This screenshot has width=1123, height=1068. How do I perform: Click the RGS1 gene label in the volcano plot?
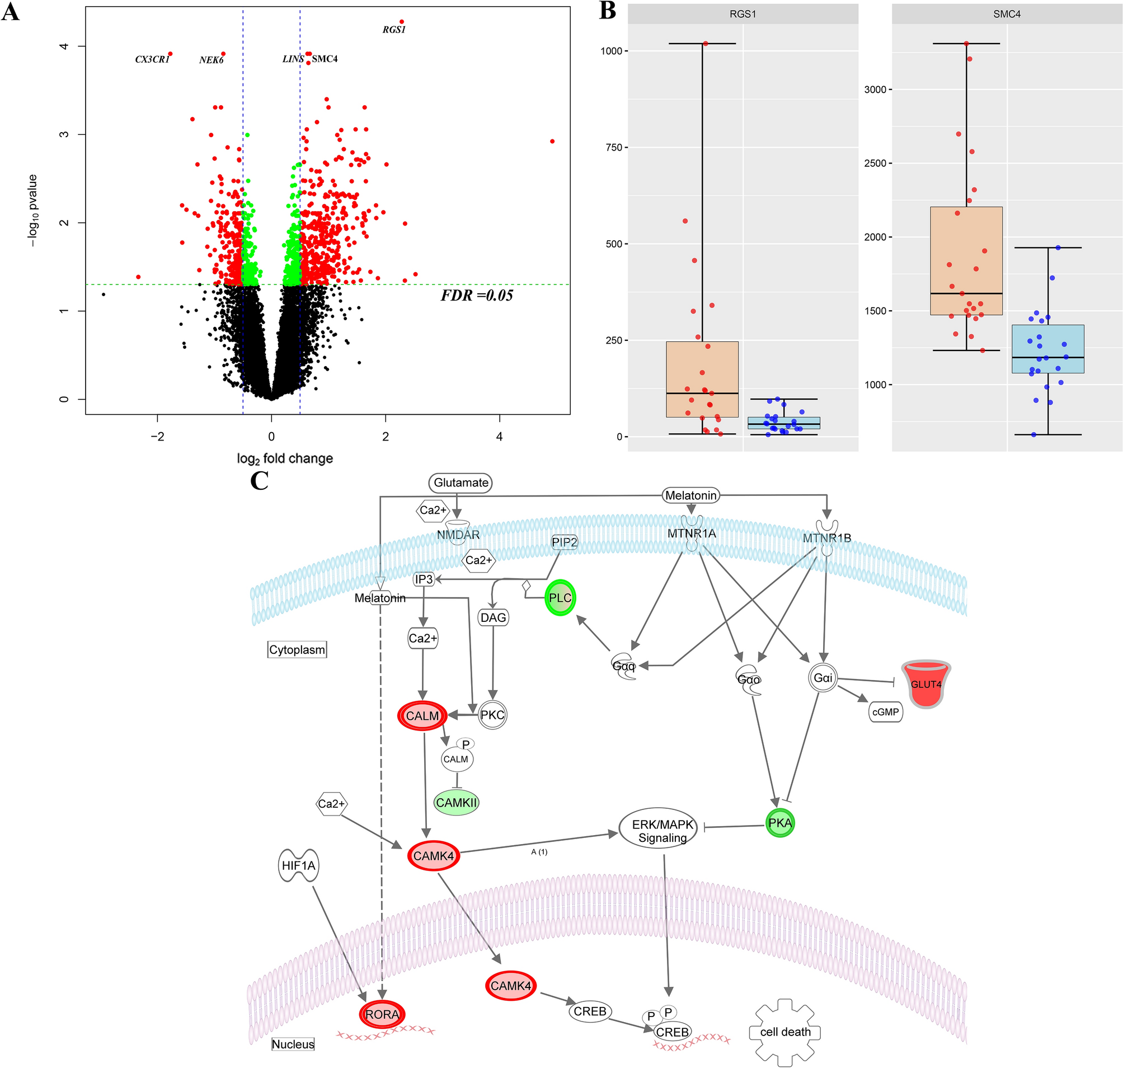coord(394,30)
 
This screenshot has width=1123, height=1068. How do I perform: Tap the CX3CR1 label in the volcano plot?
coord(152,59)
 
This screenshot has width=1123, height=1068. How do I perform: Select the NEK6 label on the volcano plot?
coord(211,60)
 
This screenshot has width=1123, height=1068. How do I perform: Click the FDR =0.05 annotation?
coord(477,295)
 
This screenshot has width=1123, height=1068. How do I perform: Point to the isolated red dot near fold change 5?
coord(552,141)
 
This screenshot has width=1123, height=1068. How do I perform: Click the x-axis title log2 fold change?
coord(285,458)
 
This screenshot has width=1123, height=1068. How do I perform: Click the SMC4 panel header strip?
coord(1006,13)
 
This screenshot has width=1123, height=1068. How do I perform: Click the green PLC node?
coord(560,598)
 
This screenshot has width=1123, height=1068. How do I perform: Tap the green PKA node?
coord(780,823)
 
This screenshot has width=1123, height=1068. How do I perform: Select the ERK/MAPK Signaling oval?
coord(662,831)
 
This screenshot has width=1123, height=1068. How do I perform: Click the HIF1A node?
coord(298,865)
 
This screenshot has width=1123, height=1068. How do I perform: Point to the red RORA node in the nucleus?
coord(382,1014)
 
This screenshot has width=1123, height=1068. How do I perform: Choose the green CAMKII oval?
coord(457,803)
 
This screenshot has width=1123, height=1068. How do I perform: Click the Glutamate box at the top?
coord(461,483)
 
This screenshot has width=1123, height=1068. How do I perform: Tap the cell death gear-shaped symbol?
coord(785,1032)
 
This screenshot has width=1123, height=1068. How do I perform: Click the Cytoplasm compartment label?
coord(297,649)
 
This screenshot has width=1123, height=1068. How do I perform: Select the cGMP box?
coord(885,711)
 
